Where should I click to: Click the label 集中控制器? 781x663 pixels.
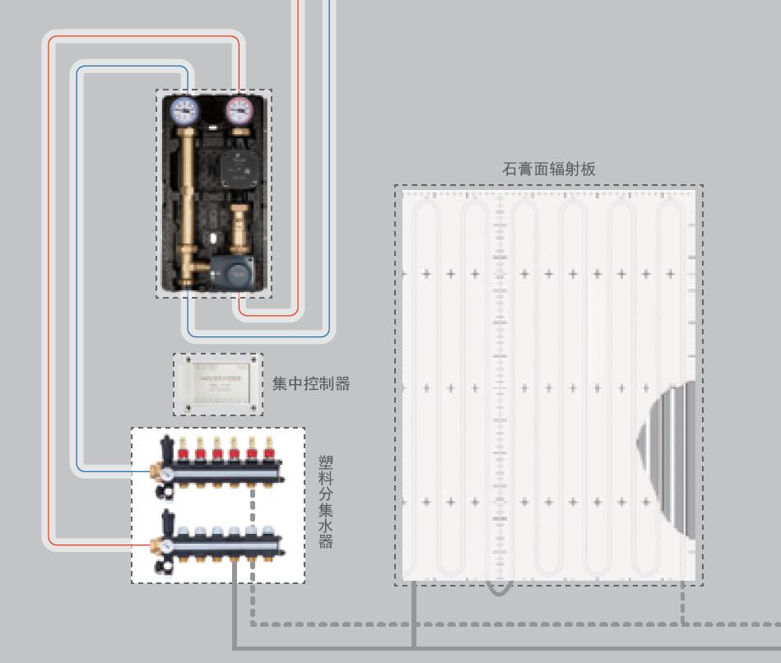311,384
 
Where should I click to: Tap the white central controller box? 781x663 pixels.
217,383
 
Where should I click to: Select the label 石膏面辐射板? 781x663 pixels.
548,169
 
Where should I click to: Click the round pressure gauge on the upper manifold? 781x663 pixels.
165,474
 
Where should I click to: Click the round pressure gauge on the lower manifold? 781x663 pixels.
165,545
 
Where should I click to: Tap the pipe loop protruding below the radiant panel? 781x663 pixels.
498,586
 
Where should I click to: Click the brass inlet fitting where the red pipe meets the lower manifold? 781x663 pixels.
155,543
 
